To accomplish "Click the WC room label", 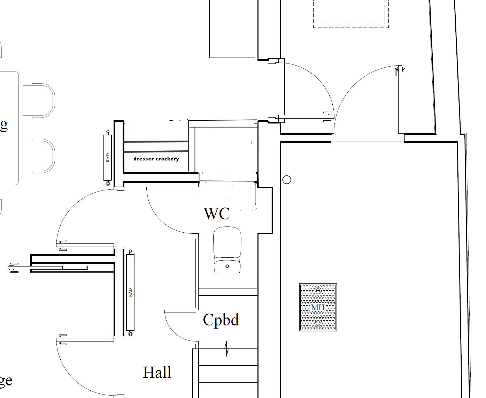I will [x=217, y=213].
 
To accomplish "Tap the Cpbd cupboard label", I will [x=221, y=320].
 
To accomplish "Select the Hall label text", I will [x=157, y=372].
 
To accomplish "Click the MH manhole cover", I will [x=318, y=307].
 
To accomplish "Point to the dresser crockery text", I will [x=156, y=159].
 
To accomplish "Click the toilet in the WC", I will [x=227, y=249].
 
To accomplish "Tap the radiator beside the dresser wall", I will [x=108, y=158].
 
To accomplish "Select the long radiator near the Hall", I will [x=130, y=292].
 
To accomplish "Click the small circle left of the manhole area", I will [x=287, y=180].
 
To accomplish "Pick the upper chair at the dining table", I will [x=38, y=100].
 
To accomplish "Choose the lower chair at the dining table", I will [x=38, y=156].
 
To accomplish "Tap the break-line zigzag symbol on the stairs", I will [x=227, y=349].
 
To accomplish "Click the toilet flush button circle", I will [x=227, y=266].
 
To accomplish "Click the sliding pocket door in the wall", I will [x=49, y=268].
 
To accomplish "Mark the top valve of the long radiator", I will [x=130, y=251].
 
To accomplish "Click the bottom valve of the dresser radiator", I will [x=108, y=183].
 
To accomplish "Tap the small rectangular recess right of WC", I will [x=265, y=210].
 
